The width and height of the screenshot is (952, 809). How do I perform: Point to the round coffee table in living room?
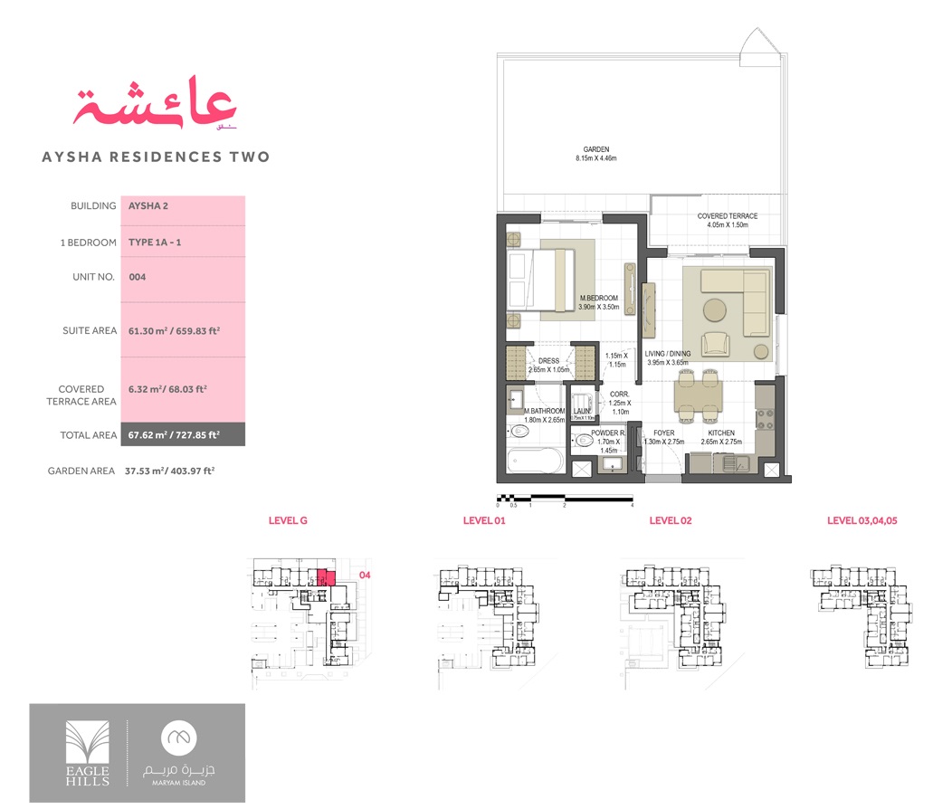[x=715, y=309]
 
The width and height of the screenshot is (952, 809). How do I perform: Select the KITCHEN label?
[x=720, y=433]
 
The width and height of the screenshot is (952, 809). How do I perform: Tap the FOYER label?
[x=663, y=433]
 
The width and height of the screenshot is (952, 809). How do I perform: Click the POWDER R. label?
[x=607, y=433]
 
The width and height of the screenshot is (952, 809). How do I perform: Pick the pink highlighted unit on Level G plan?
[x=326, y=576]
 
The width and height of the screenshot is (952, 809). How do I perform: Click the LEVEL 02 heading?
[x=670, y=520]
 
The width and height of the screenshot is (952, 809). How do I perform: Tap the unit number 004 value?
[x=138, y=277]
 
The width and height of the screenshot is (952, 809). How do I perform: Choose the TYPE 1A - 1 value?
[x=155, y=243]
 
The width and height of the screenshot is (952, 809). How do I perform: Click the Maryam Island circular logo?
[x=186, y=738]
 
